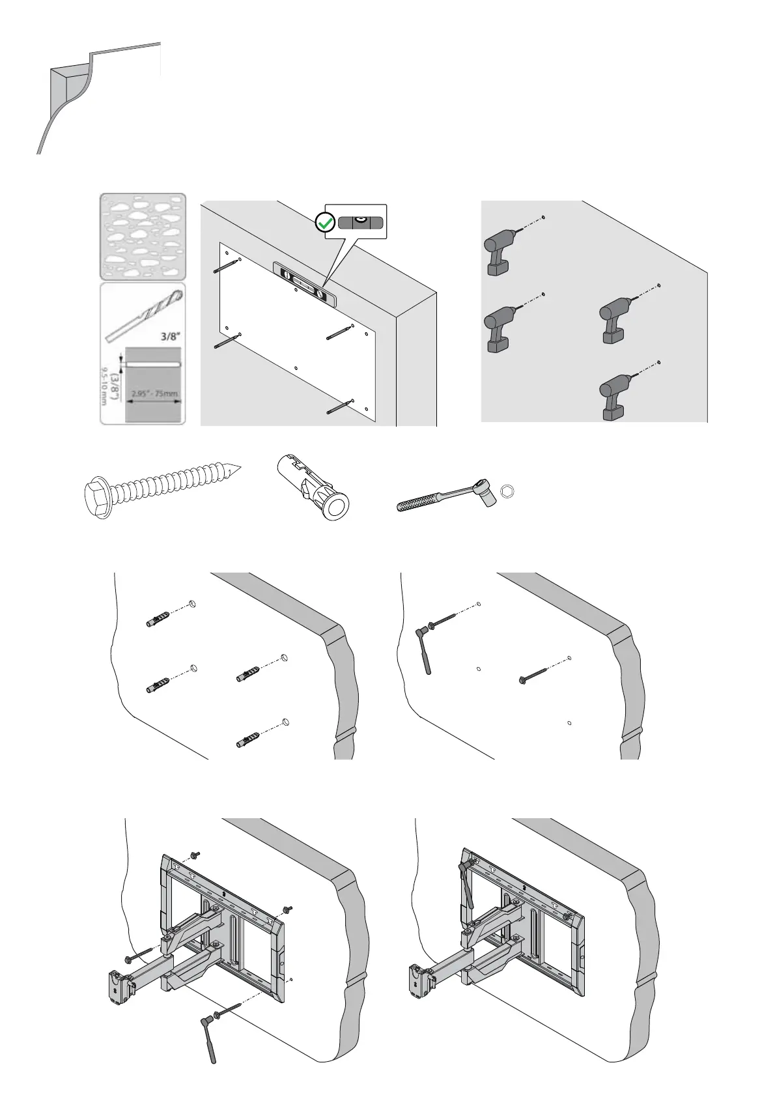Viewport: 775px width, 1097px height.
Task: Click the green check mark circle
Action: (324, 223)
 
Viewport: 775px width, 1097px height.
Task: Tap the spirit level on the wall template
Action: (303, 284)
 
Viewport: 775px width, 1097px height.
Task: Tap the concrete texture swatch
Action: (143, 236)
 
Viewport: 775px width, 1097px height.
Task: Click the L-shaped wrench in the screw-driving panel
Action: (424, 649)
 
